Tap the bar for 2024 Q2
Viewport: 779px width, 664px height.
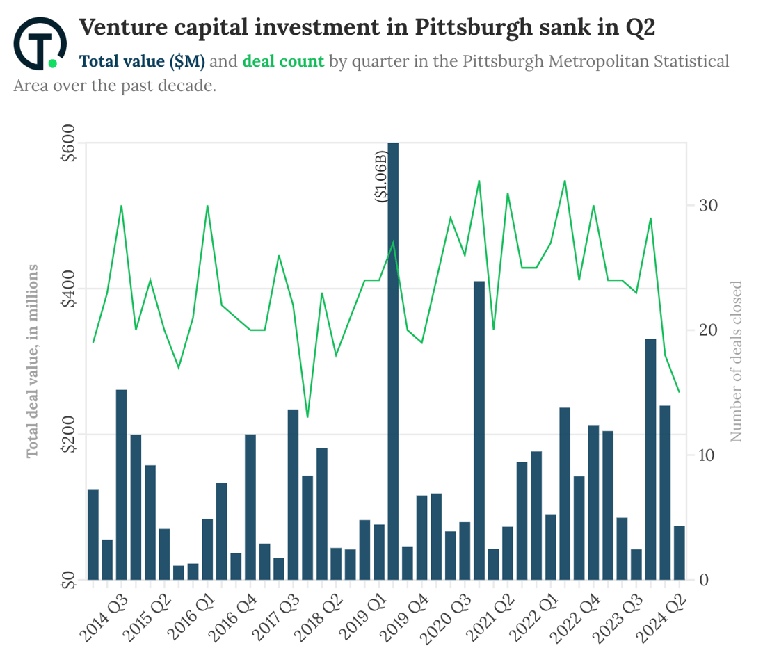[680, 553]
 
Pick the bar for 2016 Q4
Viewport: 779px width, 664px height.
[250, 507]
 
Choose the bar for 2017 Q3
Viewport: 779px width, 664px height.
[294, 494]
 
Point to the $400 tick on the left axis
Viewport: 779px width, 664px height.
[69, 289]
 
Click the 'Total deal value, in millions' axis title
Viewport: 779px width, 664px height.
[32, 361]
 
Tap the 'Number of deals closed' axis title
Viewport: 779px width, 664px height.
[737, 361]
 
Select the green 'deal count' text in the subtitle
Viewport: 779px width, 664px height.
[283, 61]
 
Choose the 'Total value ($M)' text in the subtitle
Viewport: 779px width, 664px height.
[142, 61]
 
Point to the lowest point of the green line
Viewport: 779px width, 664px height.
[307, 417]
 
